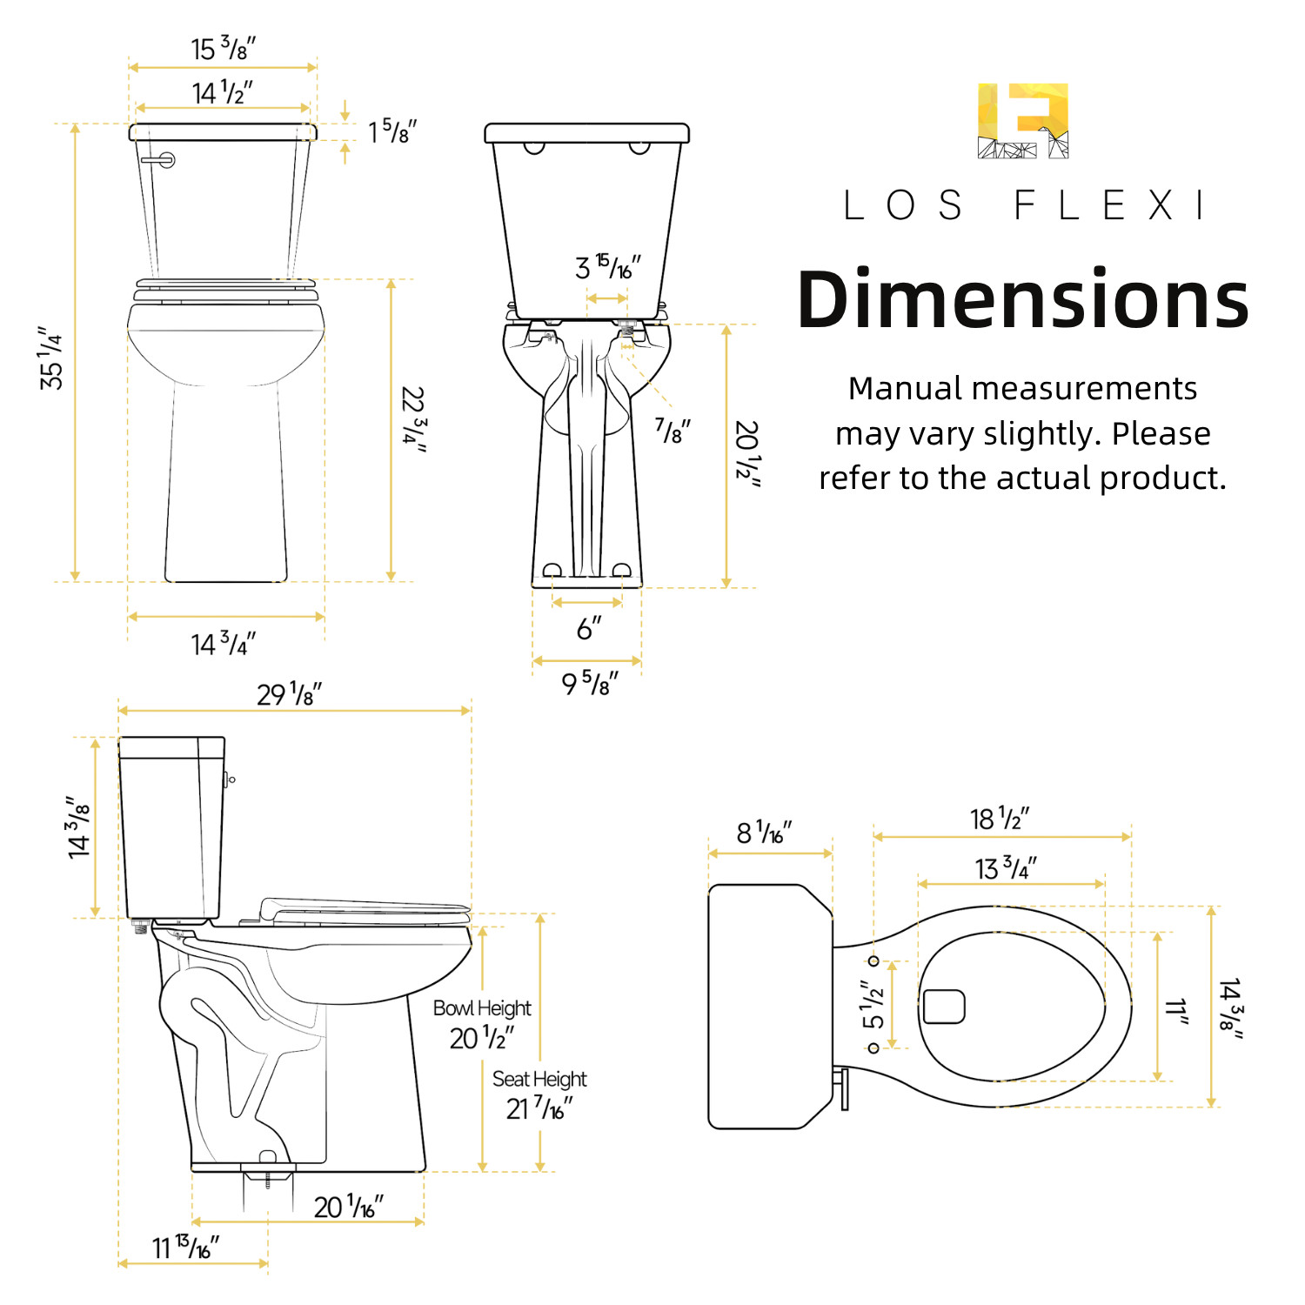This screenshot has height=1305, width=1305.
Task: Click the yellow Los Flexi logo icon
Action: tap(1022, 121)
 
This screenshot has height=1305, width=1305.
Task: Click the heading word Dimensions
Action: tap(1022, 300)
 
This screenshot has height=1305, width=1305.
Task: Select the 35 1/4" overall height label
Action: tap(51, 358)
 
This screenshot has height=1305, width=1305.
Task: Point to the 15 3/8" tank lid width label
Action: tap(223, 49)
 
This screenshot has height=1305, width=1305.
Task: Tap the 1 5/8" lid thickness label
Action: tap(391, 131)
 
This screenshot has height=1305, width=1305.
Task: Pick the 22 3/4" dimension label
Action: tap(413, 419)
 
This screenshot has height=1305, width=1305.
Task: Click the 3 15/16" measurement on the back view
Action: tap(607, 267)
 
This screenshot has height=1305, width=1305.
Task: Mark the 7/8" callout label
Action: tap(673, 430)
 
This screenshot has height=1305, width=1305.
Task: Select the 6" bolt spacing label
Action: tap(589, 627)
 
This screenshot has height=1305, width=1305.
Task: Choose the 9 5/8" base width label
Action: tap(589, 683)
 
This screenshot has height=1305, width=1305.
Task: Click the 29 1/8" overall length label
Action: tap(289, 694)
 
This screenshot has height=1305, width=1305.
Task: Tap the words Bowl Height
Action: tap(482, 1008)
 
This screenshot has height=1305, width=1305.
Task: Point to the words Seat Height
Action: tap(539, 1080)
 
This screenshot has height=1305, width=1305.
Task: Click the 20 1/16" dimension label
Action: tap(348, 1206)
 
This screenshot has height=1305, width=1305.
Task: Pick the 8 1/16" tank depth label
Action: tap(764, 833)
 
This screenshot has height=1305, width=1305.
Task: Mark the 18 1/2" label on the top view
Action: tap(1000, 819)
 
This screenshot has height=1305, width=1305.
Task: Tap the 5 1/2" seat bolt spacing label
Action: tap(873, 1005)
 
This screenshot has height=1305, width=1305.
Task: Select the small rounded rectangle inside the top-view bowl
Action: tap(944, 1007)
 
